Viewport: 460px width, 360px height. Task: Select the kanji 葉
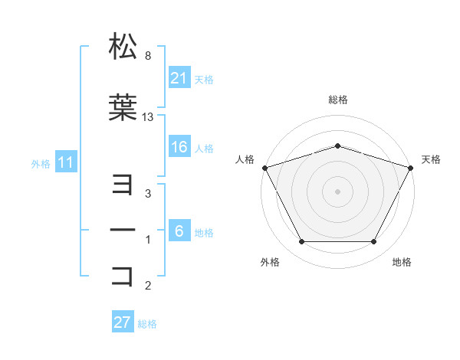click(123, 108)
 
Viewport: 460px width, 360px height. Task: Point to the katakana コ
click(123, 275)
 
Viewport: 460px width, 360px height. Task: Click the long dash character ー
click(123, 231)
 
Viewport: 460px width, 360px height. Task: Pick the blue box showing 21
click(179, 78)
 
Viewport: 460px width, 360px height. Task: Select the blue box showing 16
click(179, 148)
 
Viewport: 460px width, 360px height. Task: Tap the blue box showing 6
click(179, 231)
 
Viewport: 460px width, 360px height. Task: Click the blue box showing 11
click(65, 162)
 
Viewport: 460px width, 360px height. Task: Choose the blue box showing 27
click(123, 322)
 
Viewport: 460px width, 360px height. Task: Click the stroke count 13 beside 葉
click(148, 117)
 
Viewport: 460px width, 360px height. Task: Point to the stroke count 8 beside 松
click(147, 56)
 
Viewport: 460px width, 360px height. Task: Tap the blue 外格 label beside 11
click(41, 163)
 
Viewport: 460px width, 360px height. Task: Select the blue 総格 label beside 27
click(147, 324)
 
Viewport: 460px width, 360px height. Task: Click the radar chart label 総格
click(337, 100)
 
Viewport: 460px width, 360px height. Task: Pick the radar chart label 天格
click(431, 159)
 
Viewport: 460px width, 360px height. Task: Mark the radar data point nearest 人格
click(264, 168)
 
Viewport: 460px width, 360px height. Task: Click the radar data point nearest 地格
click(374, 242)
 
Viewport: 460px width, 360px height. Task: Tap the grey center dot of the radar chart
click(337, 191)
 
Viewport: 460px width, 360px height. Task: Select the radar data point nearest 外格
click(301, 242)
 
